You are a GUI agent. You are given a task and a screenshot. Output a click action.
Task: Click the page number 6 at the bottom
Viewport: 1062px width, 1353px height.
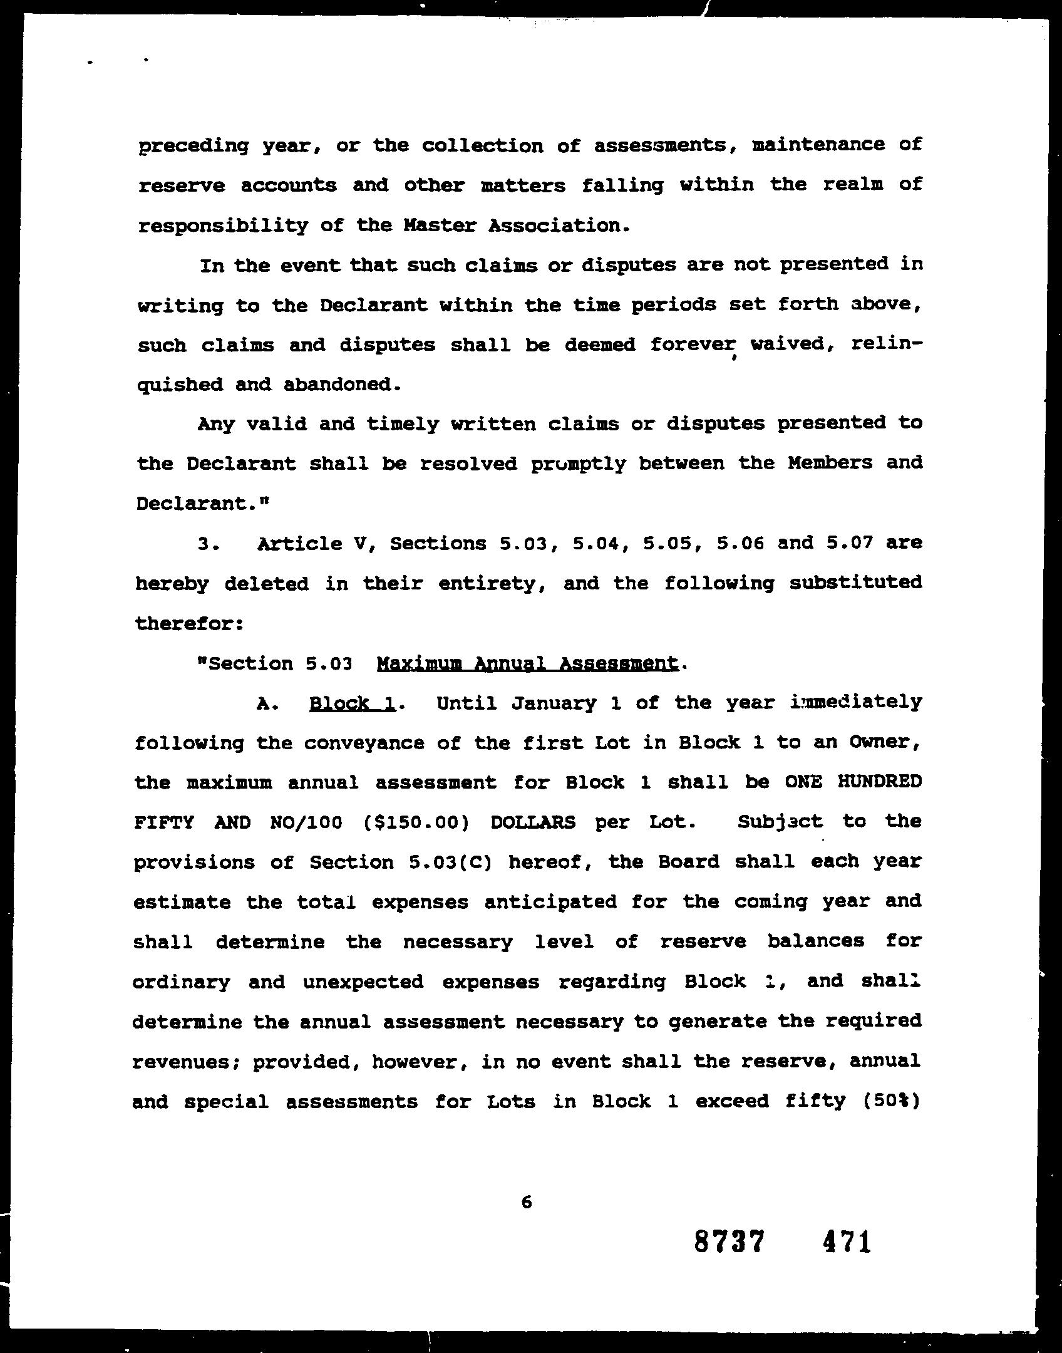[526, 1201]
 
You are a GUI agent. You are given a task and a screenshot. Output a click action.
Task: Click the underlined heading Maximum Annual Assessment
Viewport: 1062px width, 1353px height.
[528, 663]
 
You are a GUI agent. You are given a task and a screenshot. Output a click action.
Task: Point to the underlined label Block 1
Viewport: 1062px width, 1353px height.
[353, 703]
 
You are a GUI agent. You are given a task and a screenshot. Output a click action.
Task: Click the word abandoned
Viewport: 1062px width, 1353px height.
[342, 384]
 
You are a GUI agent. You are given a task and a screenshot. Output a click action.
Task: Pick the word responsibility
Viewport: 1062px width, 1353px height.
[223, 225]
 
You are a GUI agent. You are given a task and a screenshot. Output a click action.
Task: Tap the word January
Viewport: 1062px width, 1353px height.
[554, 703]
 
